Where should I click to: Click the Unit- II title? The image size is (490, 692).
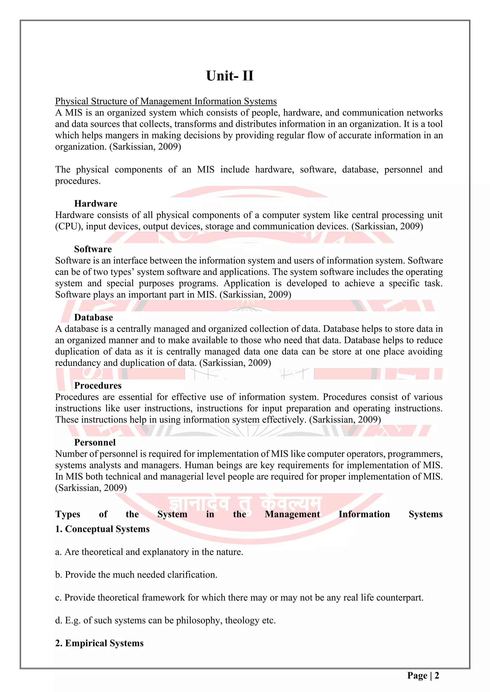[x=230, y=76]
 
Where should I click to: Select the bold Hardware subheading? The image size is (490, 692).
[x=96, y=204]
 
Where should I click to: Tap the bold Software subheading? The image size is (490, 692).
[x=93, y=249]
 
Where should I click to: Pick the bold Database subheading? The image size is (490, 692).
[x=94, y=317]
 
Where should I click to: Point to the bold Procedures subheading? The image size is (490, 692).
[x=98, y=385]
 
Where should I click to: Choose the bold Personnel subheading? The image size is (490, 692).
[x=95, y=443]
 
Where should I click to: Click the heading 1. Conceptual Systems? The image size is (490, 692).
[x=102, y=529]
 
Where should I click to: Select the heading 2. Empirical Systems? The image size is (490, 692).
[x=99, y=643]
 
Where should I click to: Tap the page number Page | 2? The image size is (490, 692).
[x=423, y=676]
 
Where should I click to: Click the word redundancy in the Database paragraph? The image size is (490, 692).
[x=78, y=363]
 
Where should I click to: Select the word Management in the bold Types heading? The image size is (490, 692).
[x=292, y=514]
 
